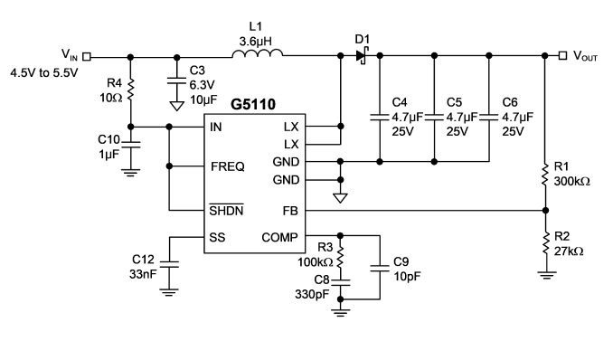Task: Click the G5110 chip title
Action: [253, 105]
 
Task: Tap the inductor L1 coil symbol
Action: [258, 53]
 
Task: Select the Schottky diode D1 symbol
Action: [363, 55]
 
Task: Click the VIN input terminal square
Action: [87, 57]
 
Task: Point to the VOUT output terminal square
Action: [562, 55]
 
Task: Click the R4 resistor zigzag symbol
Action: [130, 90]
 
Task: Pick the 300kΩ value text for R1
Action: [571, 182]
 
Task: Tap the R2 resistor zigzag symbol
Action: [546, 243]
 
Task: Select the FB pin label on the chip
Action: [290, 211]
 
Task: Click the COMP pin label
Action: [279, 237]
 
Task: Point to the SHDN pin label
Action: [226, 210]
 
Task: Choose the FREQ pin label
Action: [228, 166]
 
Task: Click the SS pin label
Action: [217, 237]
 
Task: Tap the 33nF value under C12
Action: [143, 274]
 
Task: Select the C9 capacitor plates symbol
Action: [380, 268]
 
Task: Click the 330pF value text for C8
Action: [312, 294]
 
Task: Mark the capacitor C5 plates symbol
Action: [434, 117]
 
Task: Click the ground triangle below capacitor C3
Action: [176, 106]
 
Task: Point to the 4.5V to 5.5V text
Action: [44, 72]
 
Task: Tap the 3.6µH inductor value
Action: [255, 41]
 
